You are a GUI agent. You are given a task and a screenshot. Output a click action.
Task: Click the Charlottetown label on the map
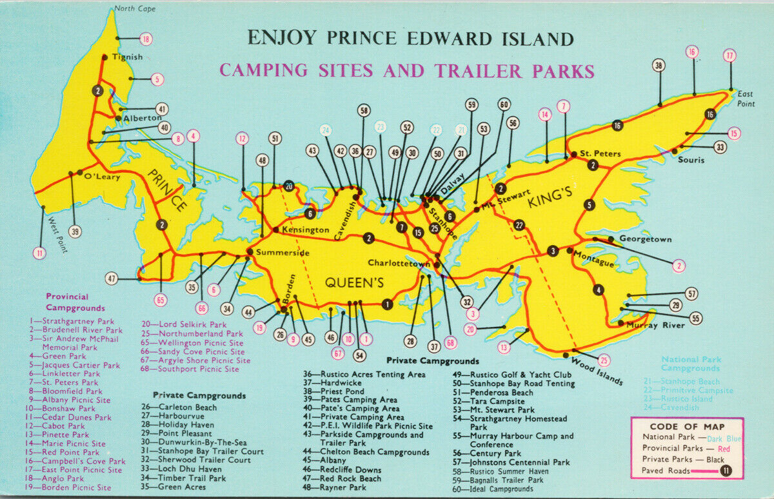399,263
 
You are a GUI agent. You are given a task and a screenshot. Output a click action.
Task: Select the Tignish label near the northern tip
127,57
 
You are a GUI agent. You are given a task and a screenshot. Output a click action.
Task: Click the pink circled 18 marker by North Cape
146,39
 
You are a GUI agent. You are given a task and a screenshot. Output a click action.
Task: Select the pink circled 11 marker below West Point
40,253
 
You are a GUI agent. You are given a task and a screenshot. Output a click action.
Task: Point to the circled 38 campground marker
659,65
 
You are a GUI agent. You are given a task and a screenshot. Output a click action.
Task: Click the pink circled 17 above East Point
729,55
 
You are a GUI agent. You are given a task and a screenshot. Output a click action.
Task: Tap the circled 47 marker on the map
112,279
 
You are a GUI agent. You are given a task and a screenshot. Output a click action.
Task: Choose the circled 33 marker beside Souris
720,147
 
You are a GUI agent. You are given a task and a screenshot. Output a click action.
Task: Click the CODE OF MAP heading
687,426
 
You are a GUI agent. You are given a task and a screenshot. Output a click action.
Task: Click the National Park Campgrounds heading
690,364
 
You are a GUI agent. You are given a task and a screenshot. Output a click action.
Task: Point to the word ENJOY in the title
282,38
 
